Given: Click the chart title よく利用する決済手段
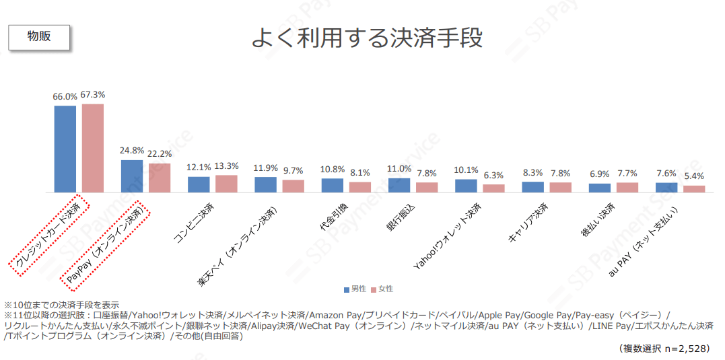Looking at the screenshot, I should pyautogui.click(x=367, y=38).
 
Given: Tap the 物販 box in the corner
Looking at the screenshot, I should pyautogui.click(x=39, y=37).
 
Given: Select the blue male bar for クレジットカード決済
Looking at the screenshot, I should pyautogui.click(x=65, y=149).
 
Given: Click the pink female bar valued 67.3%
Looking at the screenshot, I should pyautogui.click(x=93, y=148).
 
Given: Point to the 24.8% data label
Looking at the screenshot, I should pyautogui.click(x=131, y=151).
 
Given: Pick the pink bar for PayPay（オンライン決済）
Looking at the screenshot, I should pyautogui.click(x=160, y=178).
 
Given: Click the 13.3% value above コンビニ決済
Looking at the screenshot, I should pyautogui.click(x=226, y=166).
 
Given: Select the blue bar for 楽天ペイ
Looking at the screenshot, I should pyautogui.click(x=266, y=185).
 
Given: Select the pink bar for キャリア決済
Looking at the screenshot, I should pyautogui.click(x=560, y=187).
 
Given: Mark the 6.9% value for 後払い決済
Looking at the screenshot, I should pyautogui.click(x=599, y=174).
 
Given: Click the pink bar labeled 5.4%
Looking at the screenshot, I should pyautogui.click(x=694, y=189).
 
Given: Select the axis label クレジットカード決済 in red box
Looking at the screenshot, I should pyautogui.click(x=48, y=235).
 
